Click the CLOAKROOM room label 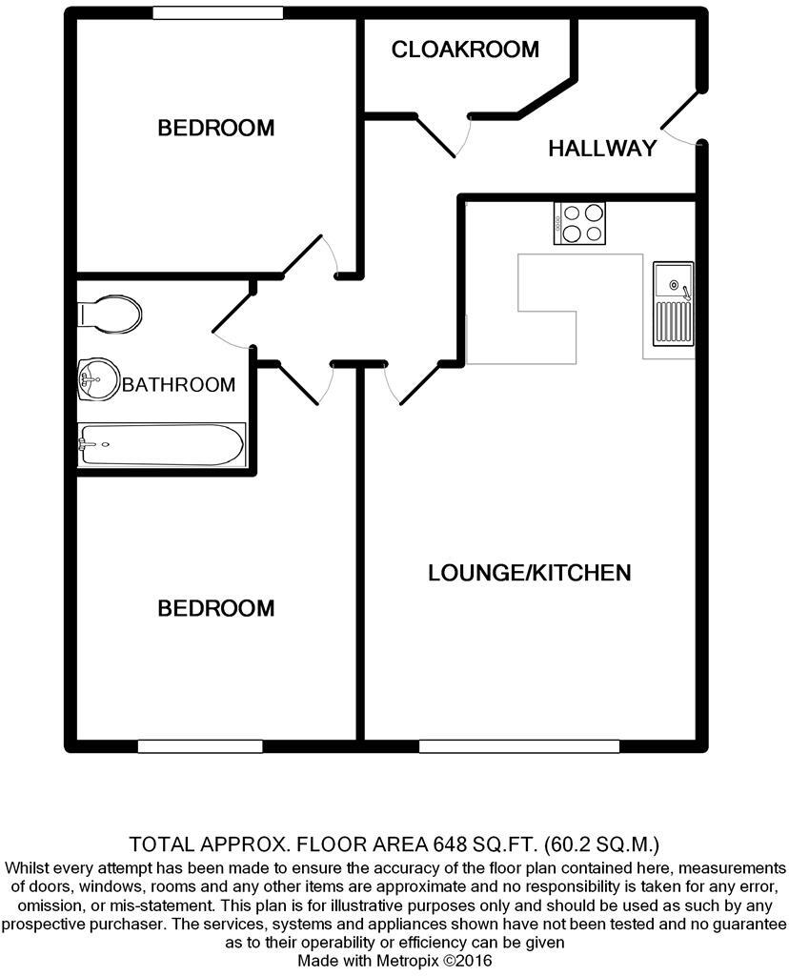(x=465, y=49)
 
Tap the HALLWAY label (x=602, y=148)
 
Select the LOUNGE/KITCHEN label (x=529, y=573)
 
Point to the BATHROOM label (x=178, y=385)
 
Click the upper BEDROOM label (x=215, y=127)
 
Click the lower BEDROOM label (x=215, y=607)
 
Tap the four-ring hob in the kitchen (x=579, y=224)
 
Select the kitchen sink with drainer (x=673, y=305)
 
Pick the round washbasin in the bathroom (x=98, y=380)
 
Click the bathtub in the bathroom (x=160, y=444)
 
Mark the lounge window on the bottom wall (x=518, y=745)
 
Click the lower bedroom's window (x=199, y=745)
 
